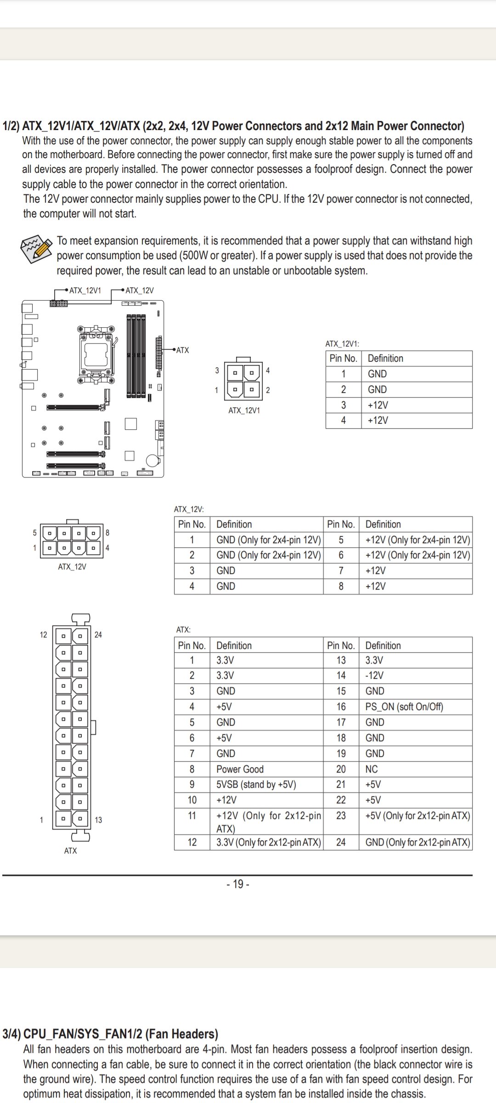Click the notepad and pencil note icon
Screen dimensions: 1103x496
point(36,249)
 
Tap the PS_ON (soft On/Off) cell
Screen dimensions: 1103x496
point(404,707)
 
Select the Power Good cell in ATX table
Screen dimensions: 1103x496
point(240,769)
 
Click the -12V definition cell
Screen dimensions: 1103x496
point(374,676)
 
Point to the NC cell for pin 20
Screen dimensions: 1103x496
point(372,769)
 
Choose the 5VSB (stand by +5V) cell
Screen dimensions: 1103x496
point(256,785)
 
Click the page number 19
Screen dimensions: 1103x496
point(238,884)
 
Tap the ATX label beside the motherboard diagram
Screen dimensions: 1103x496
point(183,350)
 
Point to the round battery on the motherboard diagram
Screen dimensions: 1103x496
point(152,460)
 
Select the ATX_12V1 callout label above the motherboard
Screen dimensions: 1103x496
point(85,290)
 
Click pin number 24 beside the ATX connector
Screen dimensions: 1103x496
point(98,635)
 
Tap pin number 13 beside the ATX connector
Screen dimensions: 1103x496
point(98,820)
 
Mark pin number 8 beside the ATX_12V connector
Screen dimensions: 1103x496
point(107,533)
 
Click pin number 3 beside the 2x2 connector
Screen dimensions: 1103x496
point(217,370)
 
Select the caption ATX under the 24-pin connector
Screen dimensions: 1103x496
point(70,851)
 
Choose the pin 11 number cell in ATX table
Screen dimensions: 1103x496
point(192,816)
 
